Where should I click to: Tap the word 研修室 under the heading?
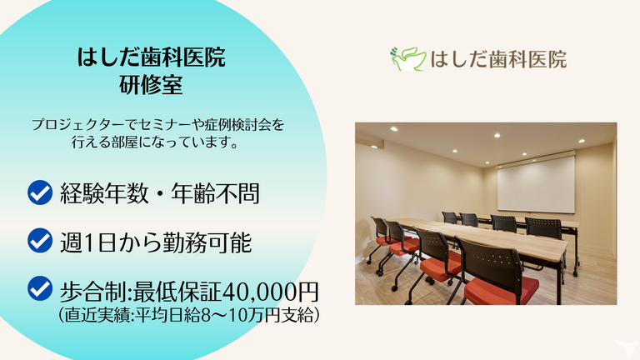click(x=151, y=85)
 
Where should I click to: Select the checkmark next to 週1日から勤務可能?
click(x=40, y=242)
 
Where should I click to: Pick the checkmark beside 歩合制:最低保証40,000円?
click(x=40, y=290)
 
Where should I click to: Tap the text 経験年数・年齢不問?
click(x=159, y=194)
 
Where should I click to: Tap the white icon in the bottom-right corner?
click(x=621, y=347)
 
